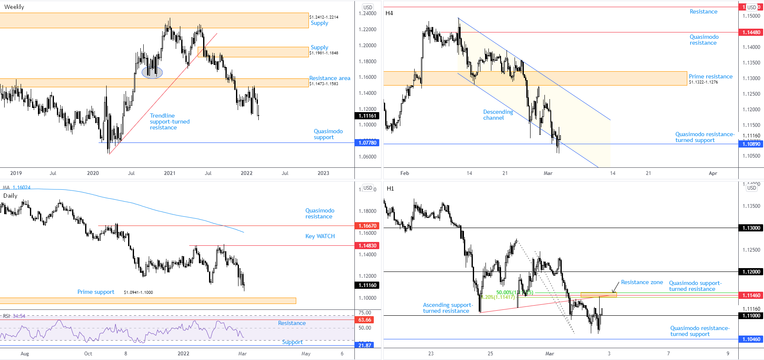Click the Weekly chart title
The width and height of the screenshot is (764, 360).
coord(14,7)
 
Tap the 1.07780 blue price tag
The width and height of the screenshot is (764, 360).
coord(367,143)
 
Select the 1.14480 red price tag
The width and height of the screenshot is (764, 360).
coord(751,32)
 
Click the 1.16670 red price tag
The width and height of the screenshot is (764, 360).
coord(367,226)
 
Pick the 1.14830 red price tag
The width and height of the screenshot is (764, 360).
coord(367,246)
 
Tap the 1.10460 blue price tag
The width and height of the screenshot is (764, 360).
coord(751,339)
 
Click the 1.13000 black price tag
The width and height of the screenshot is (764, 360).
coord(751,228)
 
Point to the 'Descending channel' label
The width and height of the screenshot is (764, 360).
coord(498,115)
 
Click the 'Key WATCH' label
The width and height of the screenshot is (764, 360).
coord(320,236)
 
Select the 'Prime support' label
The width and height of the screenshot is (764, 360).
coord(96,292)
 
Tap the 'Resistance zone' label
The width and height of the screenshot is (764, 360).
coord(642,282)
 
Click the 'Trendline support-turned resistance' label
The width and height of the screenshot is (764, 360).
coord(169,121)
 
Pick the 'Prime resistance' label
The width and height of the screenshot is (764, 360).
coord(710,76)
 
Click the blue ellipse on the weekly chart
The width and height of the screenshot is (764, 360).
coord(152,73)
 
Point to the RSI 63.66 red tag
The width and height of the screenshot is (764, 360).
coord(365,320)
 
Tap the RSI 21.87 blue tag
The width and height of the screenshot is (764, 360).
coord(365,345)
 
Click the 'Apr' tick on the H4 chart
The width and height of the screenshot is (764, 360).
coord(713,173)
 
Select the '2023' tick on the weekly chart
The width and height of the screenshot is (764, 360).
coord(323,173)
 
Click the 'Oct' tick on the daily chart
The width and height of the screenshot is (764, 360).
coord(88,354)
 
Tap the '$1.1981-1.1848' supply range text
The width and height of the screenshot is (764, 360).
coord(324,53)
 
